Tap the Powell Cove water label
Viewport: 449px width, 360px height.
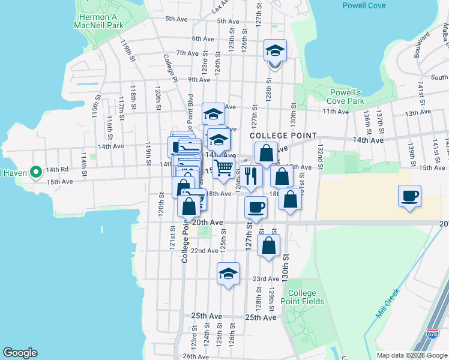pos(364,5)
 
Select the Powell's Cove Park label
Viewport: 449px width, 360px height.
pos(346,97)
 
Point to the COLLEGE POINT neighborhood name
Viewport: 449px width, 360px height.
pos(283,136)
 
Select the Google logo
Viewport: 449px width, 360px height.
pos(20,353)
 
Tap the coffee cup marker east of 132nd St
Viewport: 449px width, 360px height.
pos(409,196)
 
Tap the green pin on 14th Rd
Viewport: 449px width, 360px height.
pos(35,172)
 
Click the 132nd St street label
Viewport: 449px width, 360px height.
pos(321,154)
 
